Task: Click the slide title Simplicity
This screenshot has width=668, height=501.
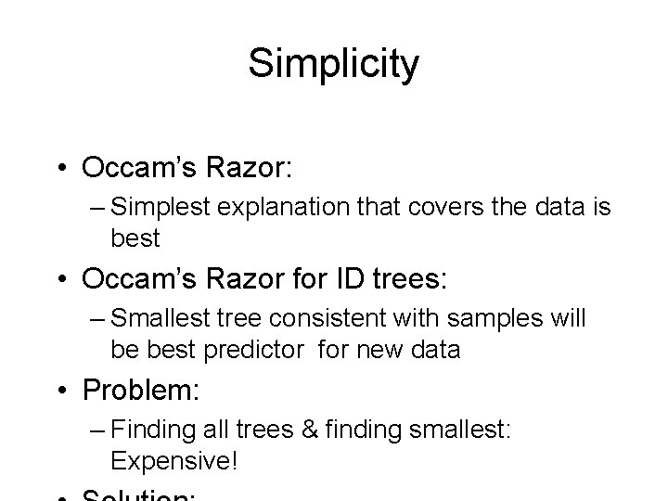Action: [x=334, y=64]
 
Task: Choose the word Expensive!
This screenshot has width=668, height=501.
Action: [x=173, y=460]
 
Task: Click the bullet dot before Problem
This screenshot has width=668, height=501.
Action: [x=69, y=391]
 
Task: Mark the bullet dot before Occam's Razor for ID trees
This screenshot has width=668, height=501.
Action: [x=69, y=279]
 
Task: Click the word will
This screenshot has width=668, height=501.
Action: [x=566, y=319]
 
